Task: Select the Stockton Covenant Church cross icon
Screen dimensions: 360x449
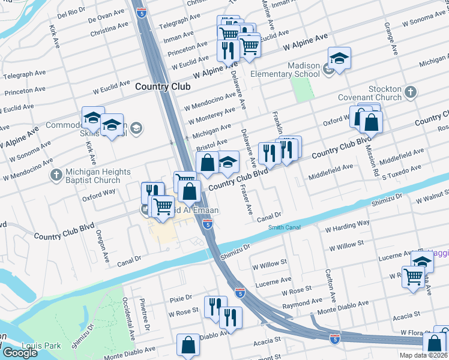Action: tap(411, 92)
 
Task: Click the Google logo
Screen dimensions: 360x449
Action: tap(19, 353)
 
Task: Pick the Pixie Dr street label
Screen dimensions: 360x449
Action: tap(180, 298)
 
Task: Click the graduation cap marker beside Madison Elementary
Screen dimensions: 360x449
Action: tap(339, 58)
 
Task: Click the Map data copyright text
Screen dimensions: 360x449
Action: tap(423, 355)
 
